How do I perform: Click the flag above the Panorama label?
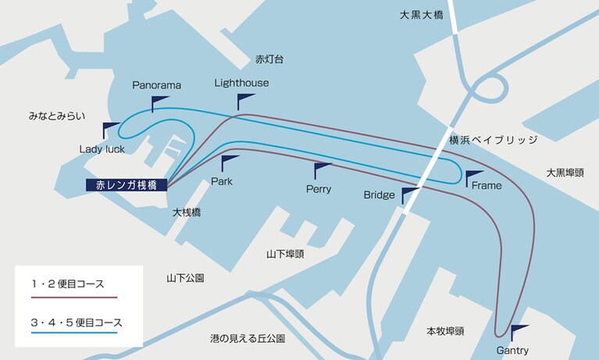(159, 102)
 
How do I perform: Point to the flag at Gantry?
(519, 331)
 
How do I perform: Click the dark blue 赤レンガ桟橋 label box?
(126, 185)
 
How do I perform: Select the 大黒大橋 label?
(420, 15)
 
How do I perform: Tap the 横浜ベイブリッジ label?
(494, 140)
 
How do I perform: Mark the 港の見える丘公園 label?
(248, 339)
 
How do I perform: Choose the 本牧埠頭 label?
(445, 331)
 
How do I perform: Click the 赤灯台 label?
(269, 59)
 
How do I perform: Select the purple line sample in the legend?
(73, 298)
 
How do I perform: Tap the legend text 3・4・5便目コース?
(77, 321)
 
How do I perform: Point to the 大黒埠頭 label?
(565, 173)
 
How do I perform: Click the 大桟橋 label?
(187, 212)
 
